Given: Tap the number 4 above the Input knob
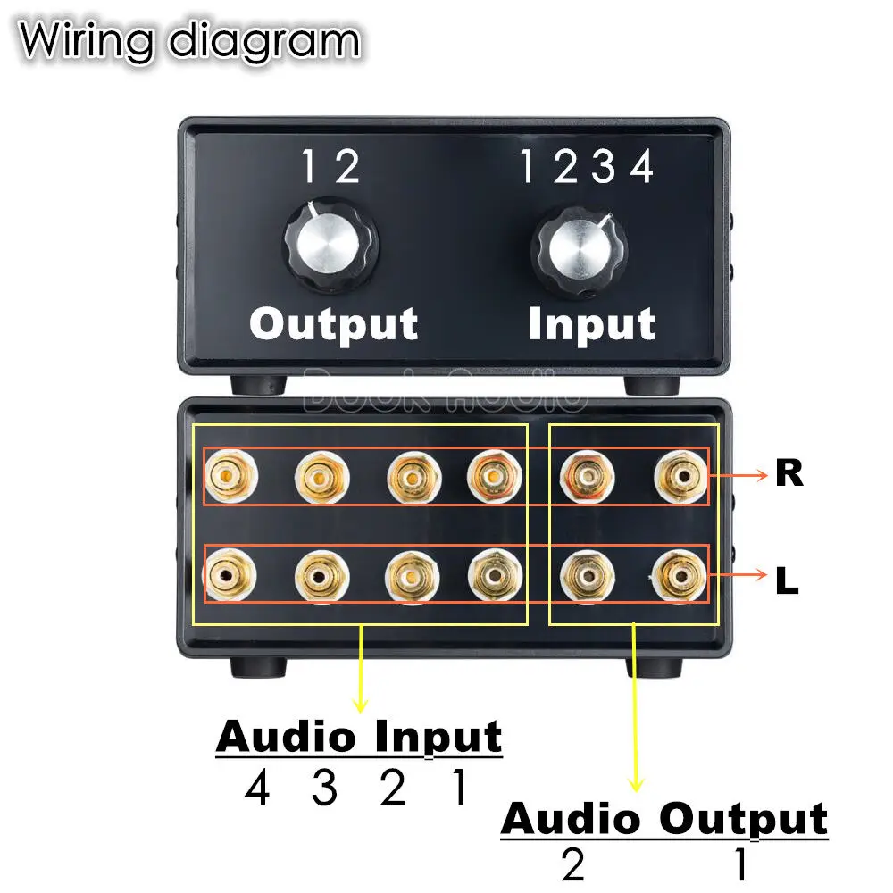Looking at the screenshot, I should tap(641, 167).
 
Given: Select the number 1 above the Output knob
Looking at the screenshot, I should tap(308, 167).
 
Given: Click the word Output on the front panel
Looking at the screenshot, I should tap(333, 324).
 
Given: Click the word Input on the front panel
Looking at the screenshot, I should tap(591, 324).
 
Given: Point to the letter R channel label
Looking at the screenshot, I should tap(789, 474).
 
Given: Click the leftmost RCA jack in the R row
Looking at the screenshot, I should tap(230, 476).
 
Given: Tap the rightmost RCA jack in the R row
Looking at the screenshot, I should tap(680, 476).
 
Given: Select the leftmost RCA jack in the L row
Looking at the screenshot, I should tap(230, 578).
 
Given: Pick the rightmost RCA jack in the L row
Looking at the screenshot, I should tap(680, 578).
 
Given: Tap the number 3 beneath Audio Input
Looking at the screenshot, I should tap(325, 789).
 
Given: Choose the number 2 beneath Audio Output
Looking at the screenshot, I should tap(573, 864).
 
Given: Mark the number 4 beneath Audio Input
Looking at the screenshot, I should tap(257, 789).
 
